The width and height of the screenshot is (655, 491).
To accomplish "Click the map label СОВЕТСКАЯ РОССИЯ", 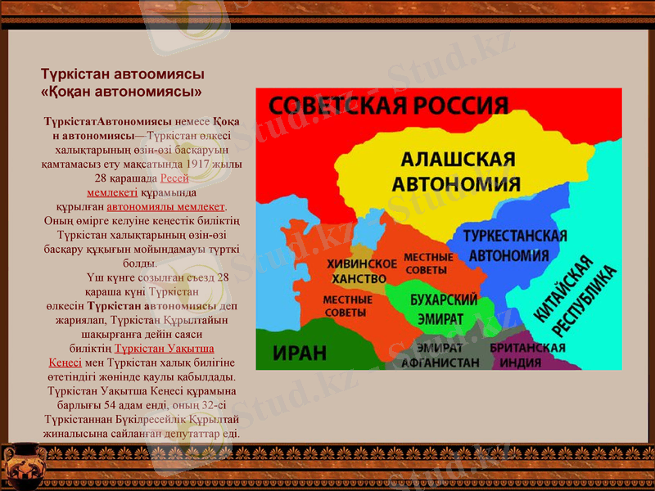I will [388, 106].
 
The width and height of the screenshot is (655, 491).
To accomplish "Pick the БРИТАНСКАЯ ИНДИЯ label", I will [528, 355].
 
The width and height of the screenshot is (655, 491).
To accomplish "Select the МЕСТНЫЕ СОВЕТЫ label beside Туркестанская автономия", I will [427, 263].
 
